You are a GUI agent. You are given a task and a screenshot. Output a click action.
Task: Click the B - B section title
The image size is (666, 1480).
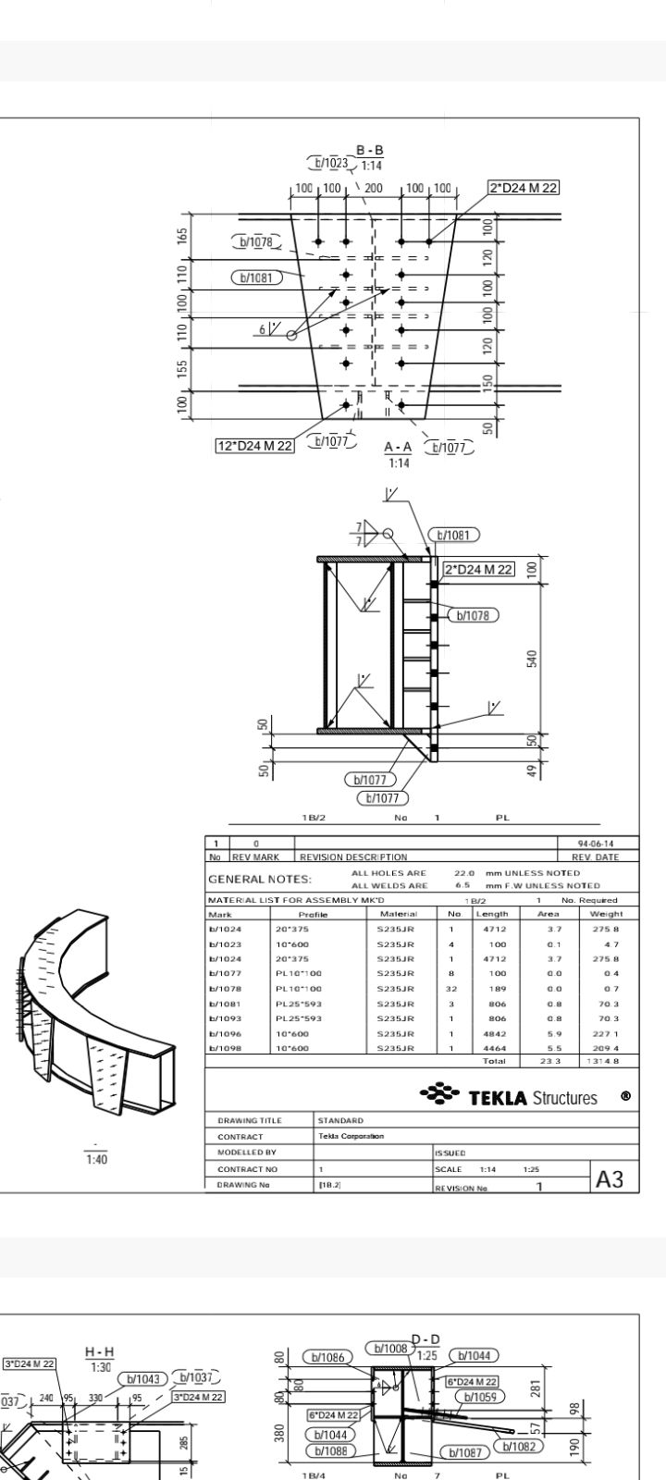(x=370, y=151)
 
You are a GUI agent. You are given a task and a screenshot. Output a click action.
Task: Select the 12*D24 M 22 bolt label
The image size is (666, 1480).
(x=254, y=446)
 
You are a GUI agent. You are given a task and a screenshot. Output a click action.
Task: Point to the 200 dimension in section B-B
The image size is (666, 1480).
(x=375, y=188)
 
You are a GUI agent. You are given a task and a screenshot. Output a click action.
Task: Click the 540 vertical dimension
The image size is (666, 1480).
(x=532, y=659)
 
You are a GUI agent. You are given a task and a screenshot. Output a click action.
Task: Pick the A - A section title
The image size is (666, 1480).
(x=398, y=448)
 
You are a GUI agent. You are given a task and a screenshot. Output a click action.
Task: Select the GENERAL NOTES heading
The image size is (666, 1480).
(x=260, y=879)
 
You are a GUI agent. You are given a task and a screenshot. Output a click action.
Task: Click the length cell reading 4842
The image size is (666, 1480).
(x=492, y=1033)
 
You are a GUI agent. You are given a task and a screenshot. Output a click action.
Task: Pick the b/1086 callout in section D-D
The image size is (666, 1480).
(x=327, y=1357)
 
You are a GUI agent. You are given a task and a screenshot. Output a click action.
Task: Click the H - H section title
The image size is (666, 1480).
(x=100, y=1352)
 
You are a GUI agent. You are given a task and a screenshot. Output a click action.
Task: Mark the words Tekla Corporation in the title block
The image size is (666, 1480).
(x=351, y=1136)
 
